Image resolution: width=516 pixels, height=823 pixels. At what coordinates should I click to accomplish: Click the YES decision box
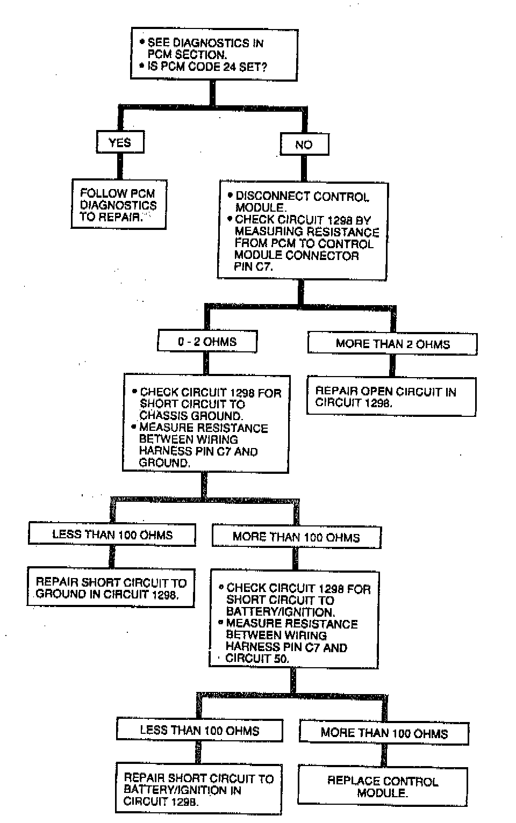pyautogui.click(x=120, y=142)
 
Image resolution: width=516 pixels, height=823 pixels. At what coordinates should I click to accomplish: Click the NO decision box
pyautogui.click(x=304, y=145)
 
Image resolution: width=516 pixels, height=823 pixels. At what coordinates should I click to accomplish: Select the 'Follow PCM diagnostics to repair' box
pyautogui.click(x=118, y=205)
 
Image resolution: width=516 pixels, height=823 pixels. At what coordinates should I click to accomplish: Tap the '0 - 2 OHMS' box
pyautogui.click(x=207, y=342)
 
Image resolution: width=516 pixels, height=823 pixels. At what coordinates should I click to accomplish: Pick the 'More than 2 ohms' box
pyautogui.click(x=392, y=344)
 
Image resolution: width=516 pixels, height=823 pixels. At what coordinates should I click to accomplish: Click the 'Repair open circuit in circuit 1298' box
pyautogui.click(x=391, y=397)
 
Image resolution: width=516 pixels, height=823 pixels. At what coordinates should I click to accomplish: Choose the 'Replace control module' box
pyautogui.click(x=383, y=786)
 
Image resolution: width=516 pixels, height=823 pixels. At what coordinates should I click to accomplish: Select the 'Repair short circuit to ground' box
pyautogui.click(x=111, y=588)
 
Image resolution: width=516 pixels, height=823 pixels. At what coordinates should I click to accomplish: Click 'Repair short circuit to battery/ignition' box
pyautogui.click(x=198, y=790)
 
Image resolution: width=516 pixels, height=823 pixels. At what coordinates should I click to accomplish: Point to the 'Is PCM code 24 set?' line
pyautogui.click(x=207, y=67)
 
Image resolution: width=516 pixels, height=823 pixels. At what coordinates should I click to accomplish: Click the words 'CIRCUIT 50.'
pyautogui.click(x=257, y=659)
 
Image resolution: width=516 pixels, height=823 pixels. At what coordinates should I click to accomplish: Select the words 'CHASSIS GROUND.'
pyautogui.click(x=191, y=416)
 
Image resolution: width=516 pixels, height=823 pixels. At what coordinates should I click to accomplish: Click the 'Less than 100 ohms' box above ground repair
pyautogui.click(x=112, y=535)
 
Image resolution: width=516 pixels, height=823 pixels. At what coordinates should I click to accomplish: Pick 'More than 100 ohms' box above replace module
pyautogui.click(x=384, y=733)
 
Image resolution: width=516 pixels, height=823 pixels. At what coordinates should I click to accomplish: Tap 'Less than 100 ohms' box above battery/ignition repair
pyautogui.click(x=199, y=731)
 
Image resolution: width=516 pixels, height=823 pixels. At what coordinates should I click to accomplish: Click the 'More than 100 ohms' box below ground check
pyautogui.click(x=296, y=537)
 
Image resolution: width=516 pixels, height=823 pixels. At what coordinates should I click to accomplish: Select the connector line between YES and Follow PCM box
pyautogui.click(x=120, y=166)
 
